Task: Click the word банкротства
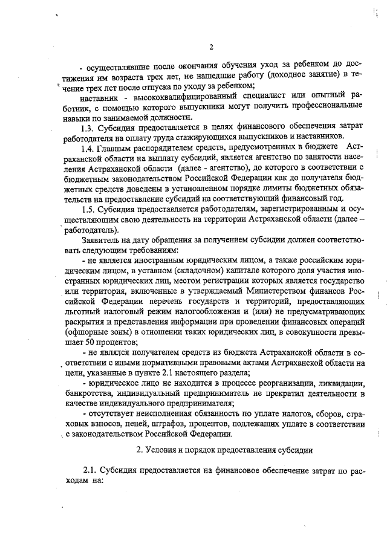(x=87, y=394)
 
